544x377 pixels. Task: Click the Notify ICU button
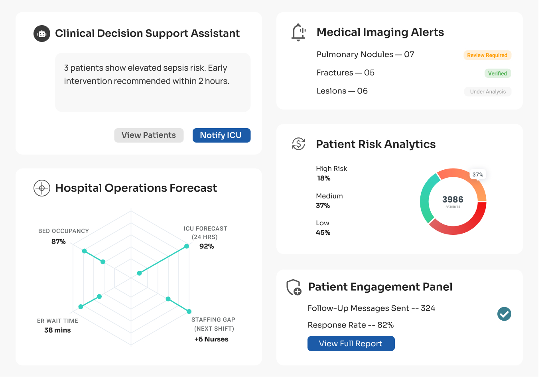[221, 135]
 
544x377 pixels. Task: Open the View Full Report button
[351, 343]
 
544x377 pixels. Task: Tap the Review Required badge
[487, 55]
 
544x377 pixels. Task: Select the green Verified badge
[497, 73]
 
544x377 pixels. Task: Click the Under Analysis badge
[487, 92]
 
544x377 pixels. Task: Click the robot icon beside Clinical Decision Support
[42, 34]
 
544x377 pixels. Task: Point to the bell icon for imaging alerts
[298, 32]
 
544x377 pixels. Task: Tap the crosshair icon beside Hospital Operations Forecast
[42, 188]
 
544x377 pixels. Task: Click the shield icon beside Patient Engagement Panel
[294, 287]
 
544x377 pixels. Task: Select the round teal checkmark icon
[504, 314]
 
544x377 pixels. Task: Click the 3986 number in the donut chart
[453, 199]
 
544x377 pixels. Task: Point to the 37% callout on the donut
[477, 175]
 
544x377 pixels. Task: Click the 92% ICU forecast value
[207, 246]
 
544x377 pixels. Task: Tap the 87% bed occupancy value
[59, 242]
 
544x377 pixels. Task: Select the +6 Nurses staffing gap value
[211, 339]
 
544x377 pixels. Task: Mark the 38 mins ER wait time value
[57, 330]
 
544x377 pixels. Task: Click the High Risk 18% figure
[324, 179]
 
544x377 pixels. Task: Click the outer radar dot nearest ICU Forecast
[187, 246]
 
